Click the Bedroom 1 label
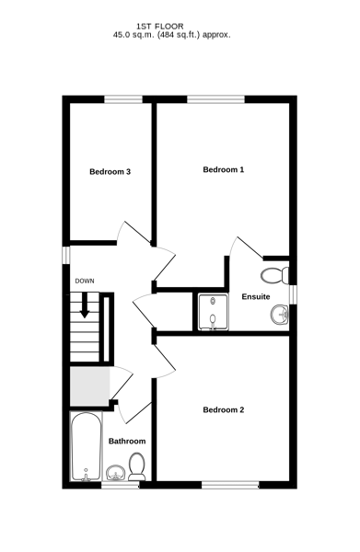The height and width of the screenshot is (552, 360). (x=224, y=169)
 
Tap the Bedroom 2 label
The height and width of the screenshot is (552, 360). (x=224, y=409)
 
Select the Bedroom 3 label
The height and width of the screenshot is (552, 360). (x=110, y=172)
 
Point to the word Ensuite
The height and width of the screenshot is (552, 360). (x=256, y=297)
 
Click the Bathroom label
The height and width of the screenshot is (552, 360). (x=127, y=441)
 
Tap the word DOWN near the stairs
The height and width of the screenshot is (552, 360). (x=85, y=281)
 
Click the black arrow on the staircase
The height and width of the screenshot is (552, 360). (x=85, y=305)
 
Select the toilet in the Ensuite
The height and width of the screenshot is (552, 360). (x=274, y=274)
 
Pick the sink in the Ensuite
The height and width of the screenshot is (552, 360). (x=280, y=314)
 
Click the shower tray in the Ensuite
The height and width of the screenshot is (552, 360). (x=213, y=312)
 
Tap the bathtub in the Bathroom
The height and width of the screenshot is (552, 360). (x=87, y=446)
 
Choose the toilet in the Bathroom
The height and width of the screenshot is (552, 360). (x=136, y=466)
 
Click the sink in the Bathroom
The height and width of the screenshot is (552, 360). (x=115, y=473)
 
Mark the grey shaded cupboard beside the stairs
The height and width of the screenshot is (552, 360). (x=90, y=386)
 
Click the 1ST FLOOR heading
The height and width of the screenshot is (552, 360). (x=160, y=27)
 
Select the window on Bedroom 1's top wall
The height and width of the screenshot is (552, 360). (x=215, y=99)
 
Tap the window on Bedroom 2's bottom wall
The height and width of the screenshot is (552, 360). (x=230, y=485)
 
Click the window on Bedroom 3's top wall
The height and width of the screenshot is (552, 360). (x=123, y=99)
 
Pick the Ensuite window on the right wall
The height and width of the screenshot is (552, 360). (x=293, y=294)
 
